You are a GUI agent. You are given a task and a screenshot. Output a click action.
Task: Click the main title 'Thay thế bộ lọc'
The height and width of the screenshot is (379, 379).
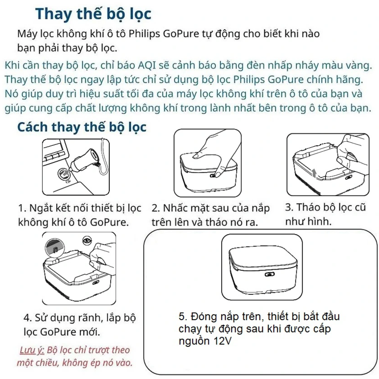point(93,14)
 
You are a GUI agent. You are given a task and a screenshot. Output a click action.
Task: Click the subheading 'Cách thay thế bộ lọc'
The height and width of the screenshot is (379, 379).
point(82,127)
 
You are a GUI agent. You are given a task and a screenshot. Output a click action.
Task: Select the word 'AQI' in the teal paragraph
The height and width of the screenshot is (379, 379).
point(147,66)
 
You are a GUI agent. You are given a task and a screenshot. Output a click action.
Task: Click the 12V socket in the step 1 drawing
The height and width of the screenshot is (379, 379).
point(64,174)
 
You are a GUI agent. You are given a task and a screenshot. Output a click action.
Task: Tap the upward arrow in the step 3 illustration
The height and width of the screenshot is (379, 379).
point(314,173)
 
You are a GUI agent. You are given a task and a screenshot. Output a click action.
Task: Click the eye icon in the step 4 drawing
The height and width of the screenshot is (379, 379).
point(87,241)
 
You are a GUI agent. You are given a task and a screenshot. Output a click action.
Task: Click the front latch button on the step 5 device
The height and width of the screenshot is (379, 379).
point(269,274)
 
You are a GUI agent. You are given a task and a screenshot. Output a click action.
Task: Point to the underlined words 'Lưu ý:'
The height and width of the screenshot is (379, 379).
point(32,350)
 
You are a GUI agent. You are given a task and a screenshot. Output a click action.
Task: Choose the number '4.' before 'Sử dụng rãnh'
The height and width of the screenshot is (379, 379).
point(28,318)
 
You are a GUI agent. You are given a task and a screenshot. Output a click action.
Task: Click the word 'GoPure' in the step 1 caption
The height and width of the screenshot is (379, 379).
point(109,222)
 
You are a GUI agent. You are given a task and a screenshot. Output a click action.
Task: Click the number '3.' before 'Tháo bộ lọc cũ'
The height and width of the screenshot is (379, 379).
point(289,208)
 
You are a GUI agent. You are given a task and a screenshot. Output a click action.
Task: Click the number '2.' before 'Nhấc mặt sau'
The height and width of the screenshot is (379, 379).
point(156,208)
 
